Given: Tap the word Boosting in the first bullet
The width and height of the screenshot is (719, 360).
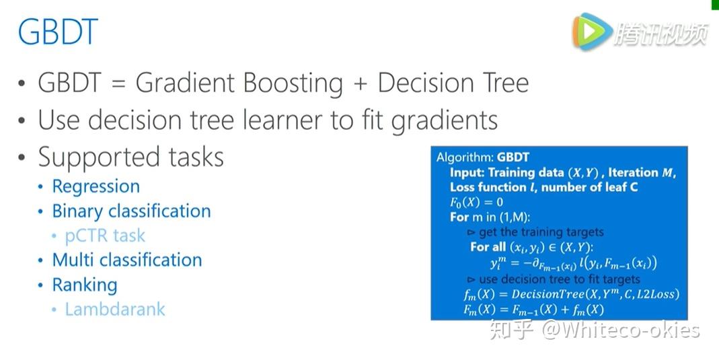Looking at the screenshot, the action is point(293,84).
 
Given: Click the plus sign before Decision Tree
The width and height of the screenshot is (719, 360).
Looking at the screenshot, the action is point(360,84).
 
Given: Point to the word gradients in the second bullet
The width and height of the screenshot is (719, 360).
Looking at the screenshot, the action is point(445,121).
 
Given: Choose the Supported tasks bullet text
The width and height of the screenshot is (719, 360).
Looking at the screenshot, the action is point(130,157).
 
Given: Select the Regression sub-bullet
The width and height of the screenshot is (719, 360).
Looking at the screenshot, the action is point(96,186).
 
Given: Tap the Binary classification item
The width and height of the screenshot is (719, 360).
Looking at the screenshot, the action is point(132,211).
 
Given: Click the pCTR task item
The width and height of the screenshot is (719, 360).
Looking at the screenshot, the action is point(105,236).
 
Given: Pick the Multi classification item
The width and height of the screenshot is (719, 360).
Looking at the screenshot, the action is point(127,260).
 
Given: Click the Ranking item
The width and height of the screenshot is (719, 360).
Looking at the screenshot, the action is point(85,285).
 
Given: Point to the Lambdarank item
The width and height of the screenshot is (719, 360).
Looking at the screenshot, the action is point(115,309).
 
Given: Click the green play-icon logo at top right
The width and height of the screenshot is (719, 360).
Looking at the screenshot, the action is point(591,32).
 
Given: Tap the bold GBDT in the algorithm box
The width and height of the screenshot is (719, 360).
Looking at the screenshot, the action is point(513,157).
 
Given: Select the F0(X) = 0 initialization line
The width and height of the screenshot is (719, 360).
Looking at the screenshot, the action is point(476,202).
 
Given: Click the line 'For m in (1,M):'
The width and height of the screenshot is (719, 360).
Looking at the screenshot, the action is point(490,217).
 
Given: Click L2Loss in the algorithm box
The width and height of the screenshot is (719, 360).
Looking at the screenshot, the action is point(658,294).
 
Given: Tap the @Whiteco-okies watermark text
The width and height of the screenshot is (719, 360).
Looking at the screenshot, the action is point(621,330).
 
